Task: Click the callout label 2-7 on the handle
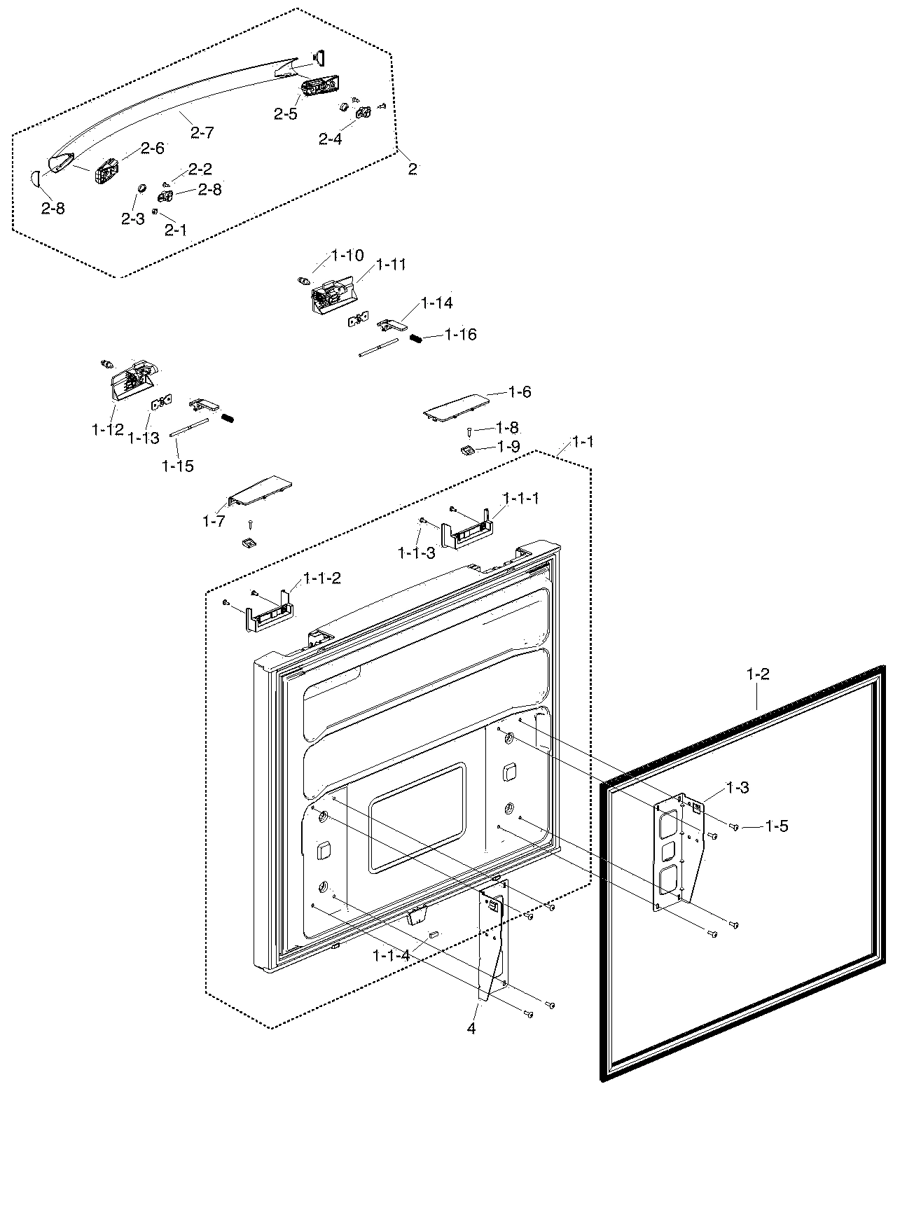202,132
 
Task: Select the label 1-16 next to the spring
460,335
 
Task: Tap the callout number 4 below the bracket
471,1029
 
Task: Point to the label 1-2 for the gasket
758,674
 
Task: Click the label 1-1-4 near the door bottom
392,954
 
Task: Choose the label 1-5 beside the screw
776,826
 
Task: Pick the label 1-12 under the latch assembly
107,429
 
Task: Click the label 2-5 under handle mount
286,114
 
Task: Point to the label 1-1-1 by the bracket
520,499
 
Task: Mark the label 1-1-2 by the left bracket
322,578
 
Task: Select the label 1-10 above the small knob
347,256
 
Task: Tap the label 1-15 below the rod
177,466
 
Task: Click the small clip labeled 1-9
467,450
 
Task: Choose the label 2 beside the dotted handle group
413,169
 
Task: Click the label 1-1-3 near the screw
417,553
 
